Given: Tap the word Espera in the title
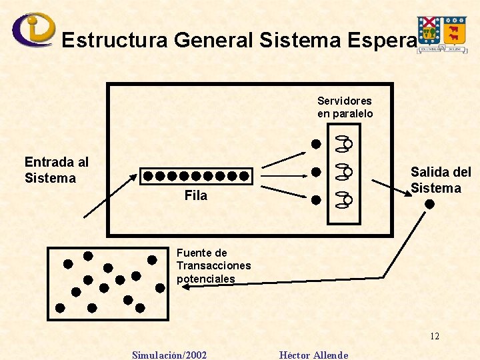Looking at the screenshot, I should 380,41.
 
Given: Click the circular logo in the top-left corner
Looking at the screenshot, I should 33,29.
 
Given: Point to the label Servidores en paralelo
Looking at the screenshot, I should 345,107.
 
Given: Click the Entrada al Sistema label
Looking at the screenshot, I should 56,170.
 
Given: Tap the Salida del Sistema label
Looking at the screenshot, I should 440,180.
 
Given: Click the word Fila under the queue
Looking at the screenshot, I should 196,195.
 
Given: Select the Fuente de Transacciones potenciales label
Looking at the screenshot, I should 213,265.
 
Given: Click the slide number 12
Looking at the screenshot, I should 435,336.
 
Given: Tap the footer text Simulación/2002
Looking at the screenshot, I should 169,355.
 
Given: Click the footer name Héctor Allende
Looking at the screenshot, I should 313,355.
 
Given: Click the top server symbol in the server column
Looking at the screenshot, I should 344,143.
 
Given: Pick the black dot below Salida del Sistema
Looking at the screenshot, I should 430,204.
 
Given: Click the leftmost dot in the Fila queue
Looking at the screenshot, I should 149,177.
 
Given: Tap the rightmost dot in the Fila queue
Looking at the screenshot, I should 245,177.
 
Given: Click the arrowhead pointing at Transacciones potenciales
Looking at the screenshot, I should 186,285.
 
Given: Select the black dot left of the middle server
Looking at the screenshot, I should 317,172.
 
